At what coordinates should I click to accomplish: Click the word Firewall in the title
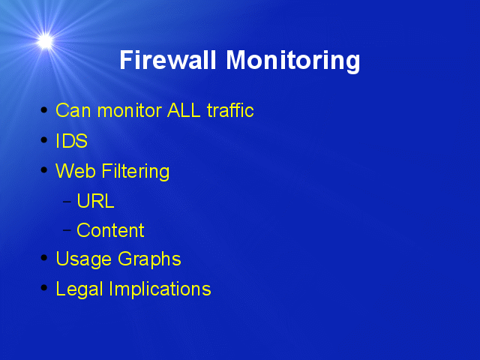coord(168,60)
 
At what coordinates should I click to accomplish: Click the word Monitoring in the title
coord(293,61)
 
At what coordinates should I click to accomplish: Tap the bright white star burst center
coord(45,41)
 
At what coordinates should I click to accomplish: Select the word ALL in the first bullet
coord(184,110)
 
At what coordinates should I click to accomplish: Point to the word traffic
coord(230,110)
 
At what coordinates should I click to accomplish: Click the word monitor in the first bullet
coord(130,110)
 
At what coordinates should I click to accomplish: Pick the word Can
coord(73,110)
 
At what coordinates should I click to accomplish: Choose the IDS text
coord(72,141)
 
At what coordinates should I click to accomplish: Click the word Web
coord(75,171)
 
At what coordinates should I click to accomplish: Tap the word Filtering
coord(135,172)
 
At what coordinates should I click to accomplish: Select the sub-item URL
coord(95,201)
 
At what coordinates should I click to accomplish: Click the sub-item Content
coord(110,230)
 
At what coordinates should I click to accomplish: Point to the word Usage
coord(83,259)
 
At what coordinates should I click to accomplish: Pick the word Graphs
coord(149,259)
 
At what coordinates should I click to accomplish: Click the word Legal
coord(79,289)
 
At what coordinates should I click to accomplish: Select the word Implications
coord(160,289)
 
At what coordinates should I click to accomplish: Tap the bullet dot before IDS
coord(44,140)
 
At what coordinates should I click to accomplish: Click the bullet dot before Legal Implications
coord(44,288)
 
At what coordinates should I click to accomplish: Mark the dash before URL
coord(67,202)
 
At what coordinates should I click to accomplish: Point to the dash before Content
coord(67,229)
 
